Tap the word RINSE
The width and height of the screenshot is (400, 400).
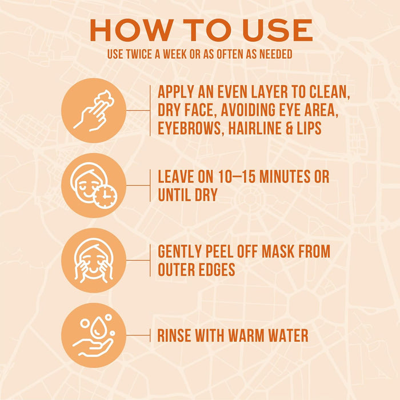[176, 335]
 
